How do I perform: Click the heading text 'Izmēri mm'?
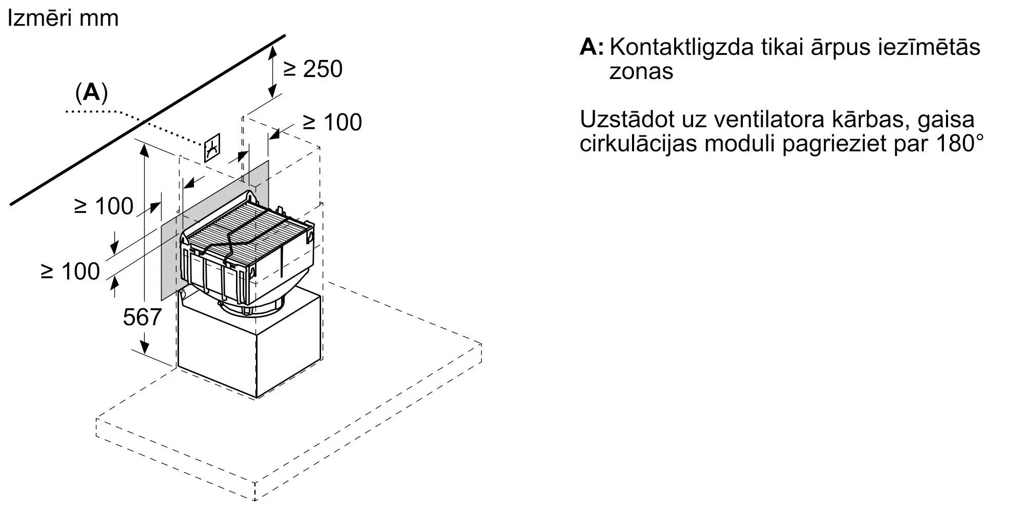(64, 18)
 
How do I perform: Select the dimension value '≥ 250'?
(313, 69)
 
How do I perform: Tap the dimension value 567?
(142, 317)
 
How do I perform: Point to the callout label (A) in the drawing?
(91, 92)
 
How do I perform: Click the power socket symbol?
(212, 148)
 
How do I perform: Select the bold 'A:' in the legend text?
(591, 47)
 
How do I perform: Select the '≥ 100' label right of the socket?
(332, 122)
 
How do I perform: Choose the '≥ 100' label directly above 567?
(70, 271)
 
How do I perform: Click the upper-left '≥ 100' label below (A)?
(104, 206)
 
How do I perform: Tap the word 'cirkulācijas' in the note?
(639, 144)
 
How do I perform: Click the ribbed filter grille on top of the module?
(246, 226)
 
